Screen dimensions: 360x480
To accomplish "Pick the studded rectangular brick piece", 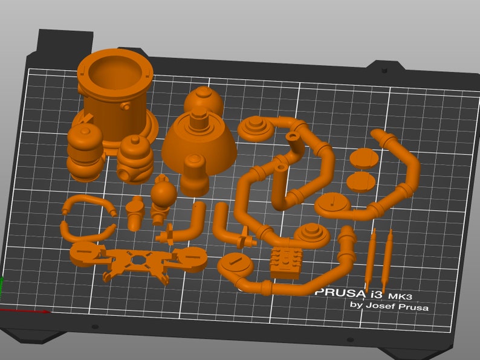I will click(x=286, y=262).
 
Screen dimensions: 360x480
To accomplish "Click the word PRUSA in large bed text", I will click(x=339, y=292).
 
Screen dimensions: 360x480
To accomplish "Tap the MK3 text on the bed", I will click(x=401, y=296).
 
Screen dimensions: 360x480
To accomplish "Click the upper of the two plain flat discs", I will click(x=364, y=157).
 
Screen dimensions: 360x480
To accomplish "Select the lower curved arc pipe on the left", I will click(x=87, y=233).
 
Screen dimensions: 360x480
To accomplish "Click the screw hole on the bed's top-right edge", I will click(x=384, y=71).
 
